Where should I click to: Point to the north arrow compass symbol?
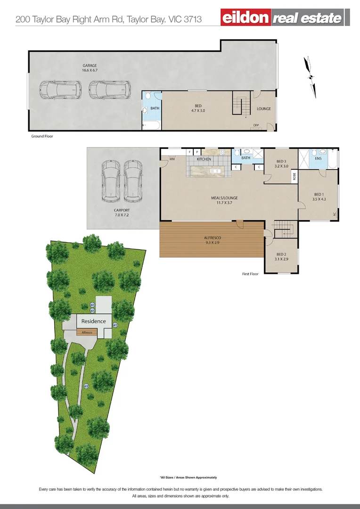pos(310,77)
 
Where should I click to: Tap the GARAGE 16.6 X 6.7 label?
pos(90,68)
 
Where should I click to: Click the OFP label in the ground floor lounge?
pos(256,125)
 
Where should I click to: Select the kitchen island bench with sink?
pos(215,171)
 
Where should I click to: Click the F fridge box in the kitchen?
pos(189,152)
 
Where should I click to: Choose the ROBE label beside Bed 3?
pos(294,177)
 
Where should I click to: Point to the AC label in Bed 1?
pos(334,214)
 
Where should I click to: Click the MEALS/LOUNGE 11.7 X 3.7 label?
pos(224,200)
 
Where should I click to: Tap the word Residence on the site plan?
pos(94,321)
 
